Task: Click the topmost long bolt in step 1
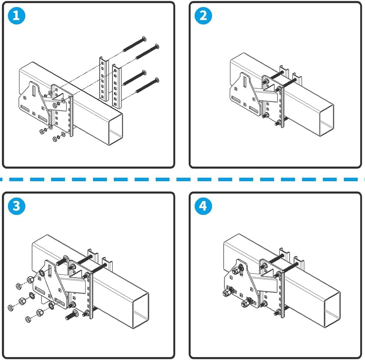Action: [134, 43]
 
